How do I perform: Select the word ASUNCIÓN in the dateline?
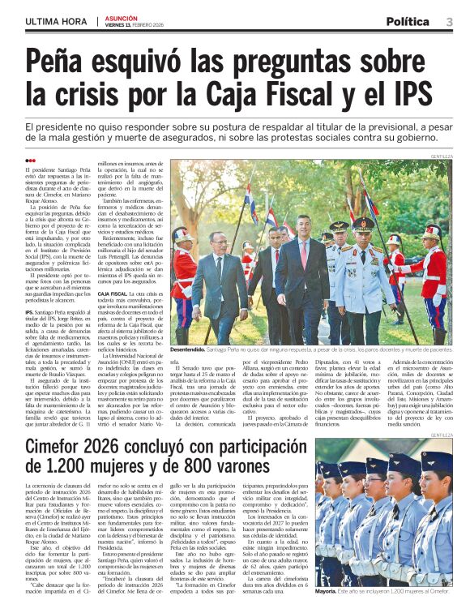pyautogui.click(x=120, y=17)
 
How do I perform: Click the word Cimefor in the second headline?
pyautogui.click(x=64, y=448)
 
